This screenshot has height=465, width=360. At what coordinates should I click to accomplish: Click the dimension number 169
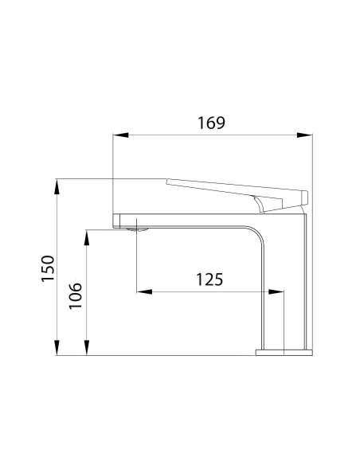212,123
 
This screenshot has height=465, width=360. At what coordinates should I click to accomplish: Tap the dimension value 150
48,268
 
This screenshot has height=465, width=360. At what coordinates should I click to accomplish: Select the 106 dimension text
76,295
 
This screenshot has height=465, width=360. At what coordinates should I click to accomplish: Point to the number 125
209,279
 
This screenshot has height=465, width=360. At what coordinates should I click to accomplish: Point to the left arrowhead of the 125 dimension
142,291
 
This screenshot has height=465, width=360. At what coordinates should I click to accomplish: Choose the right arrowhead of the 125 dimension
280,291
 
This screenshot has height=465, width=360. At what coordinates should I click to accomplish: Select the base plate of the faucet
283,351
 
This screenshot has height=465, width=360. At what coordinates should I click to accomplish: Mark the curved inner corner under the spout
257,236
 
